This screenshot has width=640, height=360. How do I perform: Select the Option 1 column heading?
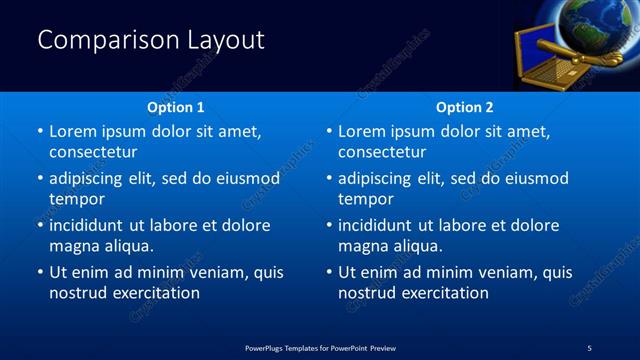[176, 107]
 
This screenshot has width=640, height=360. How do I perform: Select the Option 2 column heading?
[465, 107]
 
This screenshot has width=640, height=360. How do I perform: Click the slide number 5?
[589, 347]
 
